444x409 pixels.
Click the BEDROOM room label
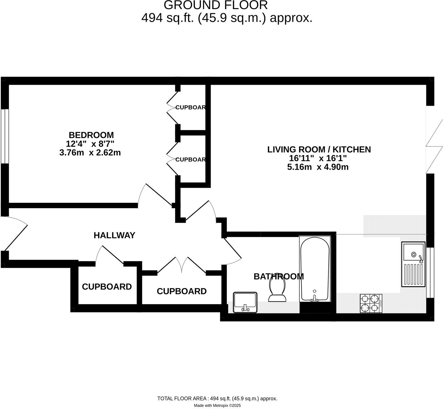[x=91, y=135]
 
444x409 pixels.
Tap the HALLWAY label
[x=114, y=235]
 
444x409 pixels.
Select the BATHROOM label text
[x=279, y=276]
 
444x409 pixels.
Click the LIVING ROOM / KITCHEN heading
[x=319, y=150]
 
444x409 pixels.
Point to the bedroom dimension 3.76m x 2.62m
[x=90, y=152]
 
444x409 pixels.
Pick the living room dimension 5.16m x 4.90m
[x=318, y=167]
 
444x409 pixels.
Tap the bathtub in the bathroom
[x=315, y=269]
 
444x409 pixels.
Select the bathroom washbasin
[x=245, y=302]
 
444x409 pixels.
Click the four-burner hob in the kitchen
[x=371, y=303]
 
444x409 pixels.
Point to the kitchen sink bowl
[x=413, y=252]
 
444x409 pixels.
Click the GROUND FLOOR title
[x=216, y=5]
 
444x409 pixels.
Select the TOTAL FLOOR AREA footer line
[x=217, y=398]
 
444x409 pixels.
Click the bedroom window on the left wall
[x=5, y=136]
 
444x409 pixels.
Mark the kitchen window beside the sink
[x=430, y=273]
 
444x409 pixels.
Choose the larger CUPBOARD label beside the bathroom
[x=181, y=291]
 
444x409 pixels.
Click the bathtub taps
[x=315, y=298]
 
